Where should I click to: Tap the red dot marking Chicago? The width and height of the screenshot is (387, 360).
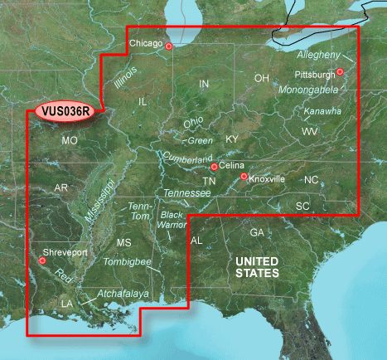tap(168, 46)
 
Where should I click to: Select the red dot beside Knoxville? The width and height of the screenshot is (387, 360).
tap(243, 177)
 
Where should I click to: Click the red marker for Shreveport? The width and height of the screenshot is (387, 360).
tap(40, 261)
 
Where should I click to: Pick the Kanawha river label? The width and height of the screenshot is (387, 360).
tap(322, 111)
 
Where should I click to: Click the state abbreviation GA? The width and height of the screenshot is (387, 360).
tap(257, 232)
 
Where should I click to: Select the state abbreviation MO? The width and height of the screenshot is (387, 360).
tap(70, 141)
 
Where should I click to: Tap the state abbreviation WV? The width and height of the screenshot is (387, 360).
tap(310, 132)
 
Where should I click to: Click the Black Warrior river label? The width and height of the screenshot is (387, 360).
tap(172, 220)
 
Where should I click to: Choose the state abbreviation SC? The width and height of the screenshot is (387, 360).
tap(302, 205)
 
